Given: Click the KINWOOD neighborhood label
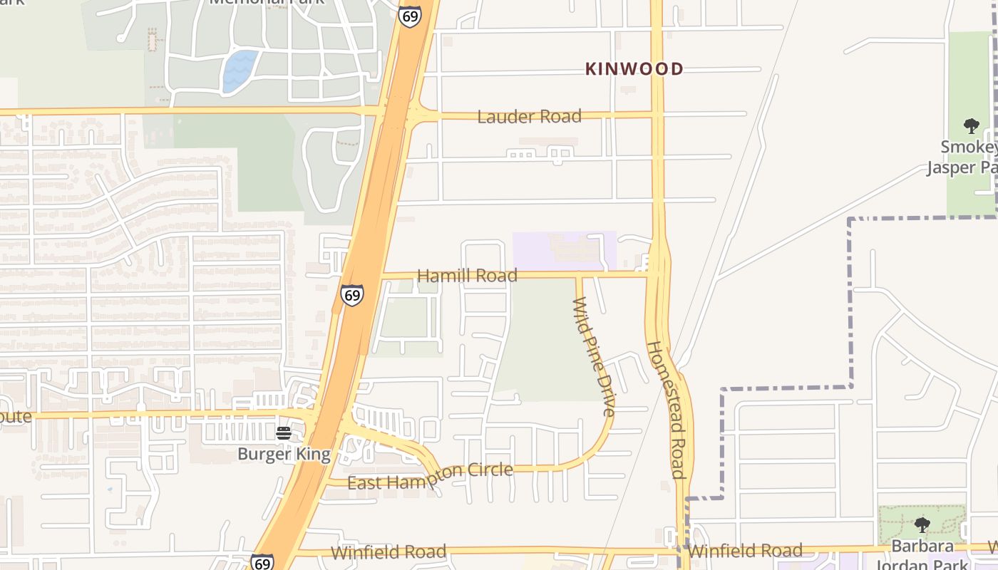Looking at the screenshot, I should point(634,69).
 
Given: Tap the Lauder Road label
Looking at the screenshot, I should point(529,116).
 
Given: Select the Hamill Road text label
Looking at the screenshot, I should point(467,276).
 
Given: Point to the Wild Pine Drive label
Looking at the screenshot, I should point(594,356).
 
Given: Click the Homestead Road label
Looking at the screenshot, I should point(666,410).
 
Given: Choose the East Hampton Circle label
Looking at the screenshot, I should point(430,476).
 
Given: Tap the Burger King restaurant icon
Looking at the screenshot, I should point(284,433).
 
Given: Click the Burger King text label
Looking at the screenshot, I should point(284,454).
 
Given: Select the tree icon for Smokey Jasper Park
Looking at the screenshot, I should point(971,127).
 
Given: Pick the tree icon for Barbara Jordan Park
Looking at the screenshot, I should point(922,526).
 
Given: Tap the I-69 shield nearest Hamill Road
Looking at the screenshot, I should point(351,294).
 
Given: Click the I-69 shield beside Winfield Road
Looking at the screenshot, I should point(262,561).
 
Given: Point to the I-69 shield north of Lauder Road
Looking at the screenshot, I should point(409,16).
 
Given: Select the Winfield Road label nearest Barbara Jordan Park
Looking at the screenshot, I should point(745,551).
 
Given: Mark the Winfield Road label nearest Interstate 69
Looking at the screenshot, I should point(389,552).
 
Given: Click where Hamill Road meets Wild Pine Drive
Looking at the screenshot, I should point(578,275).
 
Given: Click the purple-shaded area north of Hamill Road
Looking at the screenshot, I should point(563,249).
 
